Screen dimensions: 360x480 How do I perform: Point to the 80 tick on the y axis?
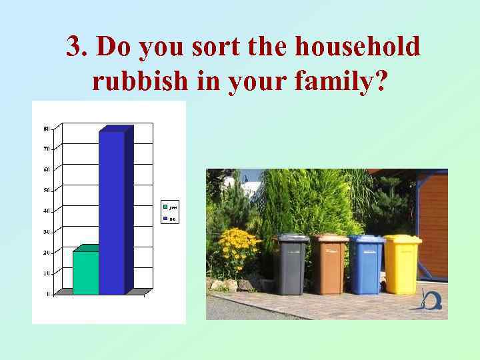pos(47,128)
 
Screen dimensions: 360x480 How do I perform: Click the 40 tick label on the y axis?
pos(47,211)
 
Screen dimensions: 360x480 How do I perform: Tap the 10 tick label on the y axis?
pos(47,273)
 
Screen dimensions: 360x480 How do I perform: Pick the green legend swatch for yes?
pos(165,204)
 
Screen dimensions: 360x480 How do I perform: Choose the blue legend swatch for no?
pos(165,218)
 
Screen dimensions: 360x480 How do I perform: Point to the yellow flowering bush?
pos(237,250)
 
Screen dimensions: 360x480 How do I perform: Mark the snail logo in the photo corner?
pos(430,301)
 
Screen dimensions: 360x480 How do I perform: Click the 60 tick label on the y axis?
pos(47,169)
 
